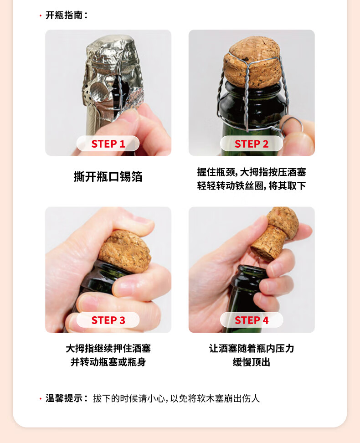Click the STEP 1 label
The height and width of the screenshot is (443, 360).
pos(108,144)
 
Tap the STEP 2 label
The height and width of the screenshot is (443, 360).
pos(252,144)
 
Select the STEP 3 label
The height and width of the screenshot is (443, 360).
pos(108,320)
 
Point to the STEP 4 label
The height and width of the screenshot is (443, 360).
pos(252,320)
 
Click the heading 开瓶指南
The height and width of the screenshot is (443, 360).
pos(64,15)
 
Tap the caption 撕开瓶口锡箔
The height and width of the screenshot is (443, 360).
pos(108,176)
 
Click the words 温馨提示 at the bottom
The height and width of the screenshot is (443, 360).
pos(64,398)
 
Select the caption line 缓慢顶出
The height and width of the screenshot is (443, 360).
pos(252,362)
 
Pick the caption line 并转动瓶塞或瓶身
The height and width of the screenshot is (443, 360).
pos(108,362)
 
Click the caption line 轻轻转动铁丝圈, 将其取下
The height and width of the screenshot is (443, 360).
pos(252,185)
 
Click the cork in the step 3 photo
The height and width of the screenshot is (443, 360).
pos(124,251)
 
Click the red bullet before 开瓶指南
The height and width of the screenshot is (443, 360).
pos(41,15)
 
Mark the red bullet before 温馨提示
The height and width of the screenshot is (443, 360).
pos(41,399)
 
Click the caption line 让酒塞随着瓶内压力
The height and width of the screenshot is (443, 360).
pos(252,348)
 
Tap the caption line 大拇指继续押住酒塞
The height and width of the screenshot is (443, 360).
pos(108,348)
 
